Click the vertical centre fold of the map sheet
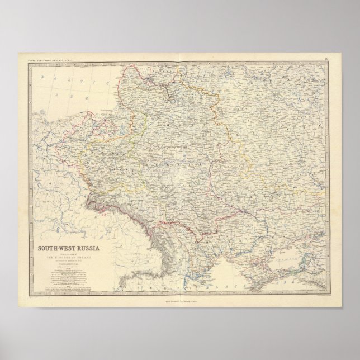pos(180,168)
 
